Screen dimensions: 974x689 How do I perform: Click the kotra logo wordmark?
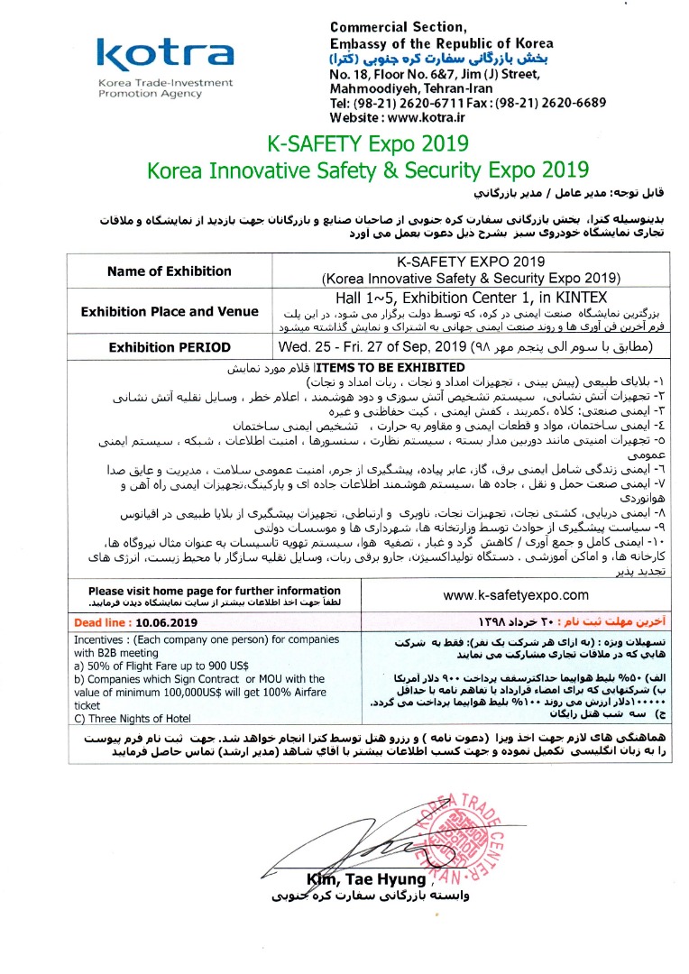pyautogui.click(x=164, y=56)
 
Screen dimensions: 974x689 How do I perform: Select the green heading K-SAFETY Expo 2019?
pyautogui.click(x=368, y=142)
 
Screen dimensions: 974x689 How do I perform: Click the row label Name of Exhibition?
pyautogui.click(x=169, y=271)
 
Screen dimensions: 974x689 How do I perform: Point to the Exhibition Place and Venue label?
pyautogui.click(x=169, y=312)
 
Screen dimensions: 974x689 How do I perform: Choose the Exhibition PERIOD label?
pyautogui.click(x=169, y=347)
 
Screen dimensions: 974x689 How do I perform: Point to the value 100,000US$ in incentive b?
pyautogui.click(x=171, y=691)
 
